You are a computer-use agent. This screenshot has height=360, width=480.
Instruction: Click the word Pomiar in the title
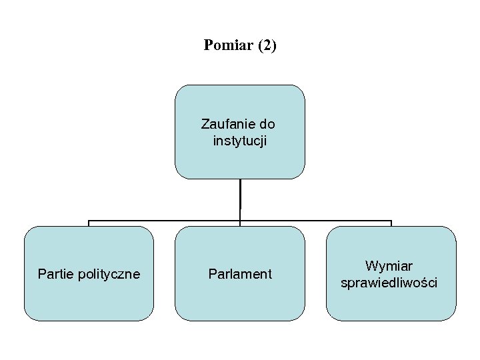click(227, 45)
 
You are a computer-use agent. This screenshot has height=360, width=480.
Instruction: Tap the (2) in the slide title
click(266, 45)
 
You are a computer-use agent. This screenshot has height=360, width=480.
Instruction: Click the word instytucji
click(240, 141)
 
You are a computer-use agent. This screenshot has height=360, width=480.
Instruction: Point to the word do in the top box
click(267, 124)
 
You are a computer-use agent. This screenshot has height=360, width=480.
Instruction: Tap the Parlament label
click(240, 274)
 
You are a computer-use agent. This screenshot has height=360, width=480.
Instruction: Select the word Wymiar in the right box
click(389, 266)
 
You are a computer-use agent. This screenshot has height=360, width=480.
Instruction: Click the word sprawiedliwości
click(389, 283)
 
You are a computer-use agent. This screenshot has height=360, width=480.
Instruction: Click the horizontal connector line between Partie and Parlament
click(164, 221)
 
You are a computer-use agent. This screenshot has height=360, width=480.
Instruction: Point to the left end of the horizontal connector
click(89, 221)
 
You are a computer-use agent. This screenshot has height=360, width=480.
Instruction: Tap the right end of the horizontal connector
click(391, 221)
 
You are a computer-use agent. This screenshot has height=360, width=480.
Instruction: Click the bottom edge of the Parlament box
click(240, 321)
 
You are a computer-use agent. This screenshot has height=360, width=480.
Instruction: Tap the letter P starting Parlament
click(212, 274)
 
